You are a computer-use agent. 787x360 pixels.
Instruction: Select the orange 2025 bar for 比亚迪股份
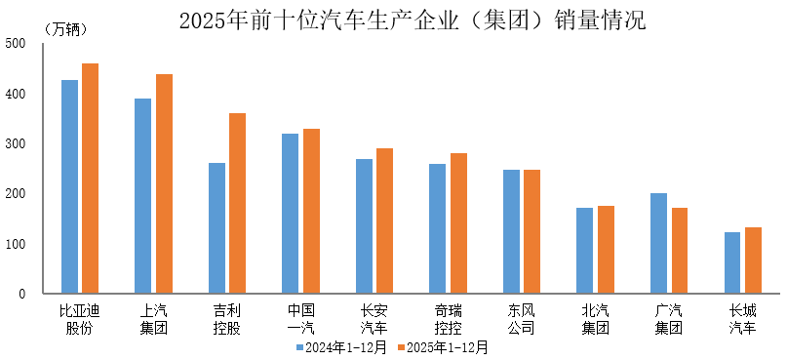[90, 179]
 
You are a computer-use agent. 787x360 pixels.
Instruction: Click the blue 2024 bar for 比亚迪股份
[69, 186]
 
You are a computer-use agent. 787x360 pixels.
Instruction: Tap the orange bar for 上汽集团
[164, 184]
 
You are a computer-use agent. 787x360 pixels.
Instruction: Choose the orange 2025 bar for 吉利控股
[237, 203]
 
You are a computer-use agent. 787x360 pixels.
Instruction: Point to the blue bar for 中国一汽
[290, 214]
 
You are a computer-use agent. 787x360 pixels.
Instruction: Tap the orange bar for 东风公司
[531, 231]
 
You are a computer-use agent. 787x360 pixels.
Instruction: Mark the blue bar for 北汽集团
[584, 251]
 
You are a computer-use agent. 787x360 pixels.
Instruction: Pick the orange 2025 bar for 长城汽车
[753, 260]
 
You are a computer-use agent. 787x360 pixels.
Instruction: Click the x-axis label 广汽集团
[669, 319]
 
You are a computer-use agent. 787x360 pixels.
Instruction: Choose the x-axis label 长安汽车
[374, 319]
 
